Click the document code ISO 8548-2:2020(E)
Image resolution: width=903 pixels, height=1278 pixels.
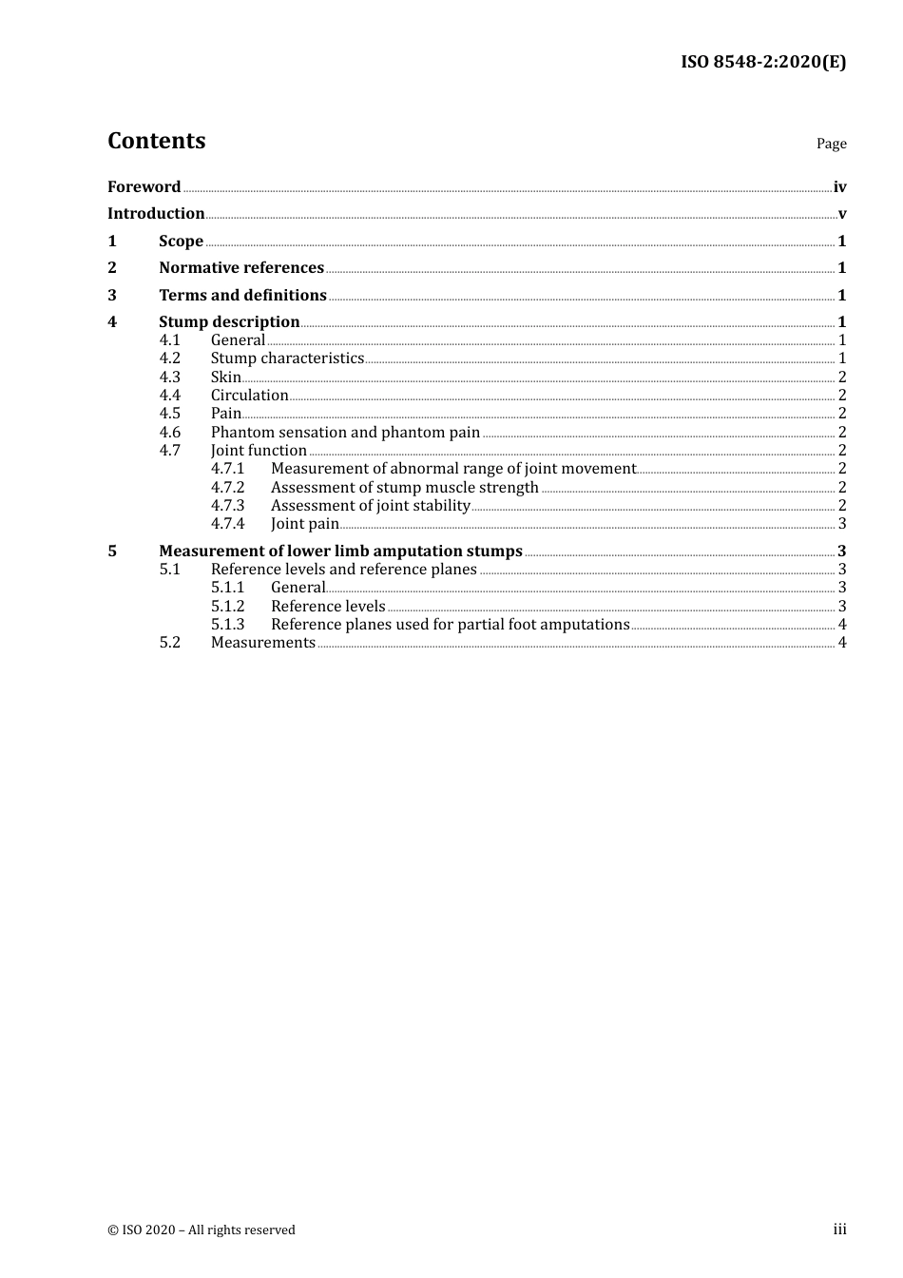pyautogui.click(x=763, y=63)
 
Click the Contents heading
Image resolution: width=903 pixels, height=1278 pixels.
pyautogui.click(x=156, y=141)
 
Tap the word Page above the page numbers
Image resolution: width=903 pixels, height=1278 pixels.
pyautogui.click(x=831, y=144)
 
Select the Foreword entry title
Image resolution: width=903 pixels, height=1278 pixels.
pyautogui.click(x=144, y=187)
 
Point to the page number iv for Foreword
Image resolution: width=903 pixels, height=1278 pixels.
pyautogui.click(x=839, y=187)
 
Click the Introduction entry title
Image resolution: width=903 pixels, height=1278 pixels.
pyautogui.click(x=156, y=214)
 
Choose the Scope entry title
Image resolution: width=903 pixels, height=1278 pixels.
pyautogui.click(x=181, y=242)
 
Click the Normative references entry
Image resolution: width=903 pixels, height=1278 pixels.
pyautogui.click(x=241, y=268)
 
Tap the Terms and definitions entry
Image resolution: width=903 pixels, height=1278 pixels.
pyautogui.click(x=242, y=296)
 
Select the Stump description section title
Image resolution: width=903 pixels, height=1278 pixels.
pyautogui.click(x=229, y=322)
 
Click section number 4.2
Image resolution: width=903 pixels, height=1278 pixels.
pyautogui.click(x=169, y=358)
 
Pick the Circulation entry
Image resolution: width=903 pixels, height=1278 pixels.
pyautogui.click(x=249, y=396)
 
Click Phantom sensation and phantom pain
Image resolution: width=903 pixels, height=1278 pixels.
pyautogui.click(x=345, y=433)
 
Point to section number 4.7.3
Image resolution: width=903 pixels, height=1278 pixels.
pyautogui.click(x=227, y=506)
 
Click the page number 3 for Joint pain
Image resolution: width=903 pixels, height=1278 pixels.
pyautogui.click(x=842, y=524)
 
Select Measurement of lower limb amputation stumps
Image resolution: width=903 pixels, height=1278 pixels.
pyautogui.click(x=340, y=552)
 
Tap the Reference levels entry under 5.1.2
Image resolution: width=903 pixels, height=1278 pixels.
pyautogui.click(x=328, y=607)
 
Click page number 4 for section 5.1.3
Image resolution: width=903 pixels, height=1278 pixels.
pyautogui.click(x=842, y=625)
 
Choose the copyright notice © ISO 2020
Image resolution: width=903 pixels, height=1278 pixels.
pyautogui.click(x=202, y=1230)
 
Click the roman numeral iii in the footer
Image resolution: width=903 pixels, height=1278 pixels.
pyautogui.click(x=839, y=1230)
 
